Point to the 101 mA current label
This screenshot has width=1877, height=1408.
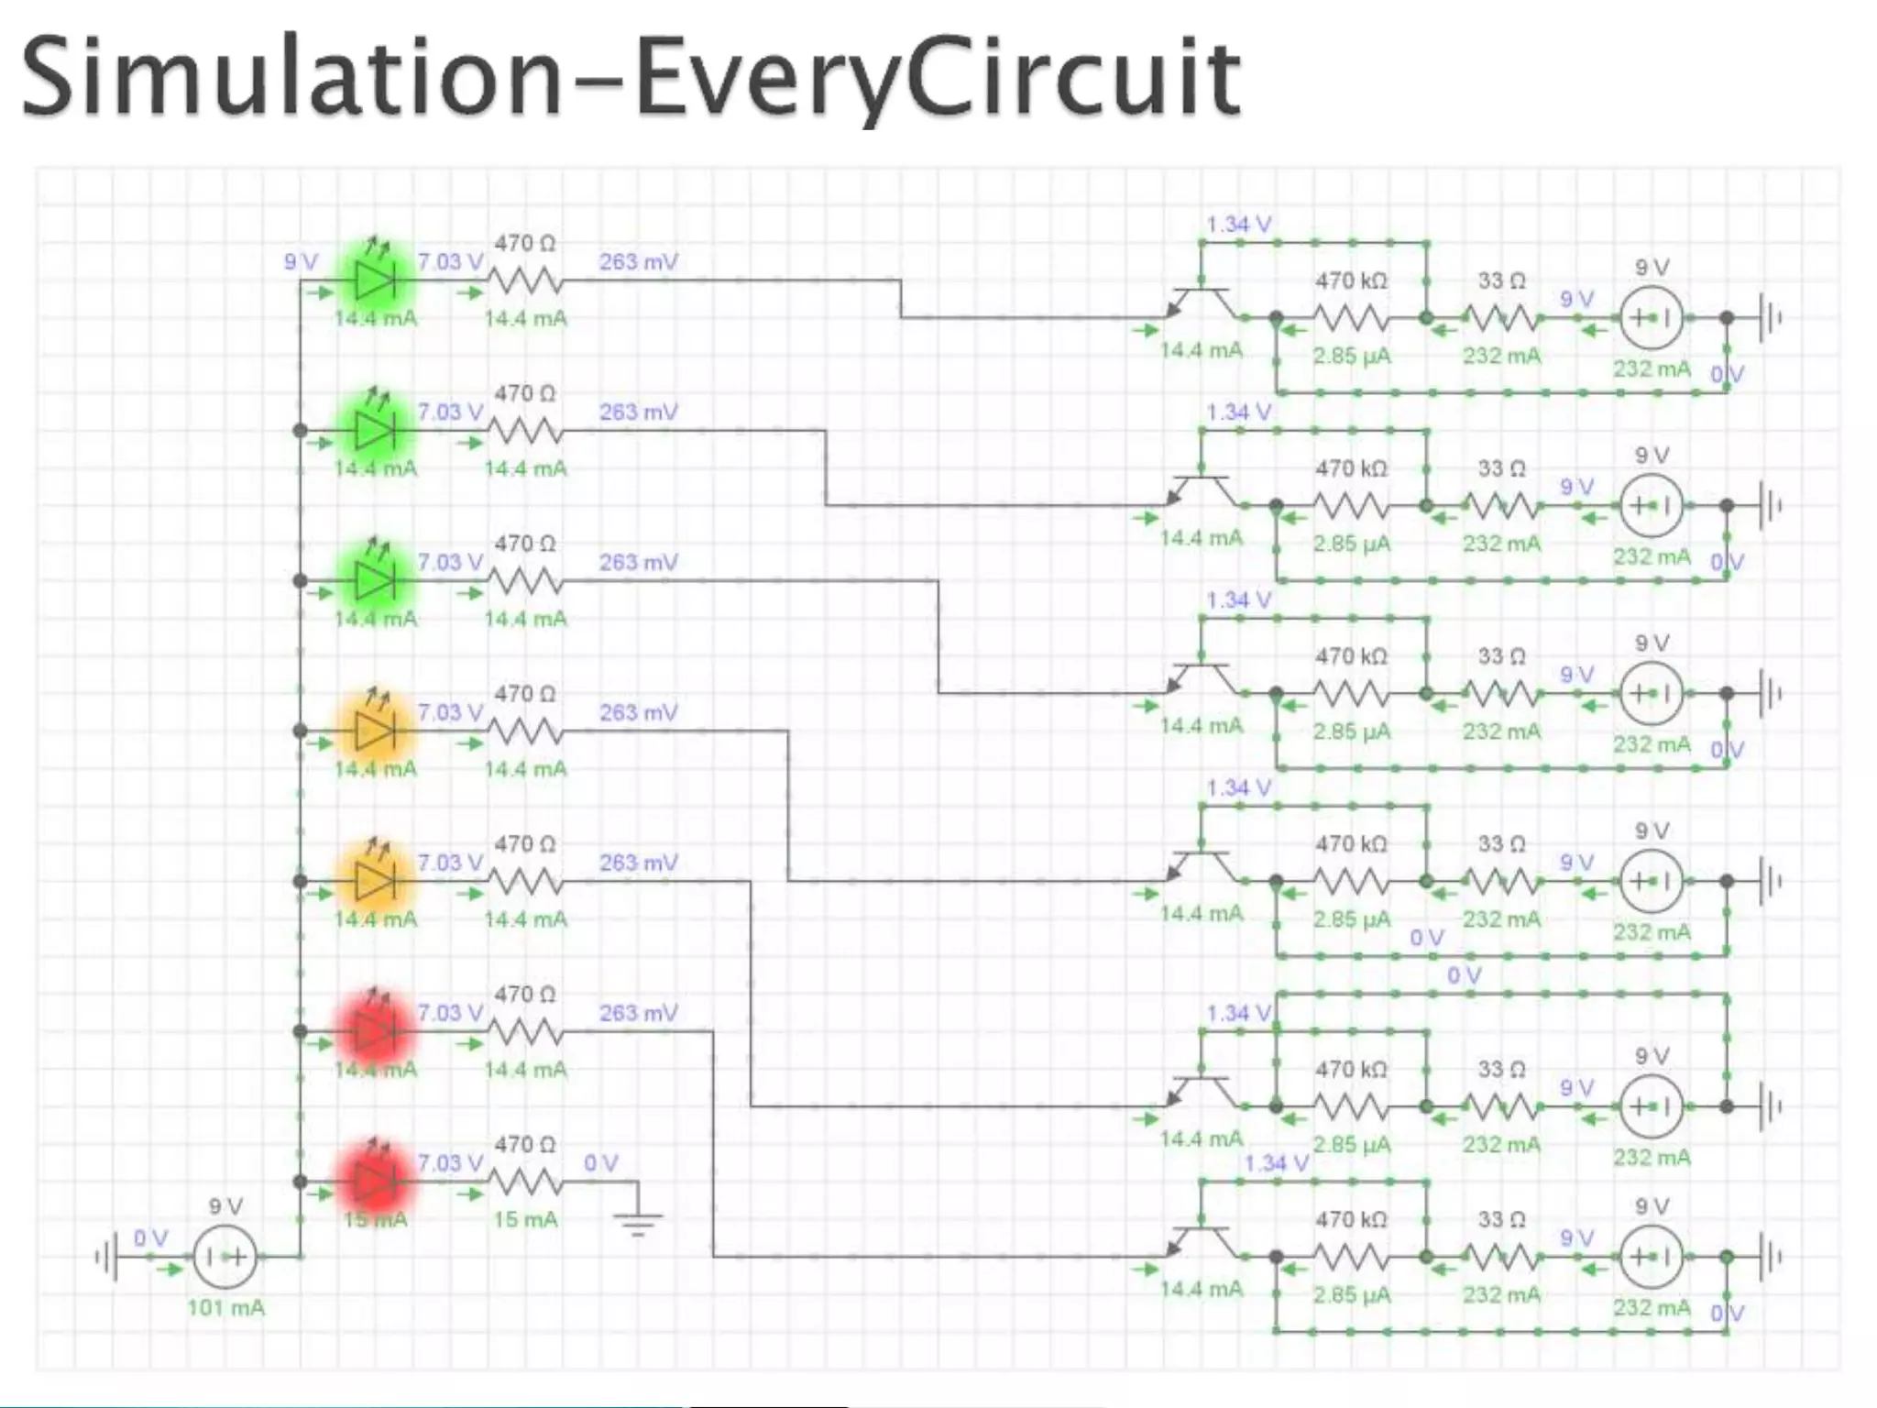225,1308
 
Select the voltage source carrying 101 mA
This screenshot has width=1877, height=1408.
225,1257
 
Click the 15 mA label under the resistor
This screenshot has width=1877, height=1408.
525,1220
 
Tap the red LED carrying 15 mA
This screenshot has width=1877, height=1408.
374,1182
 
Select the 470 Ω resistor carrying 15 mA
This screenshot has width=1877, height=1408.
525,1182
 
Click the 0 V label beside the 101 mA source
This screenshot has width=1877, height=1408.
151,1238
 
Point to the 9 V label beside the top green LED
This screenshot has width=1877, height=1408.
301,262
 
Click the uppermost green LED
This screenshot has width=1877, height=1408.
375,280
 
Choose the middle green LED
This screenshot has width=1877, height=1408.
375,430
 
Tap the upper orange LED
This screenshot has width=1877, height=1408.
375,731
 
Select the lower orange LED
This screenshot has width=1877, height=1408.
375,881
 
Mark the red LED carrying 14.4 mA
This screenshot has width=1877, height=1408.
374,1031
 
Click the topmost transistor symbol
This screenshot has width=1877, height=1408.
1202,302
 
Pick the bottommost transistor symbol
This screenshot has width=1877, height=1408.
1202,1241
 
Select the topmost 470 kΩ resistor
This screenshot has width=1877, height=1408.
1351,318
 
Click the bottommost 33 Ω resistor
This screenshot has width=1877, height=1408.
1501,1257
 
